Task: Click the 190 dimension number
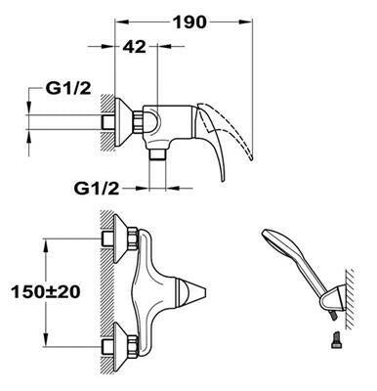189,22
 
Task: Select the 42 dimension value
135,47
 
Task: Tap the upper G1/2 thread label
68,88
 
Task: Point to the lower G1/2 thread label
97,188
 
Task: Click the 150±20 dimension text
45,291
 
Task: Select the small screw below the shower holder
336,339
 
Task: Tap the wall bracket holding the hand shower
335,297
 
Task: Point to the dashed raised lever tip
251,156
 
